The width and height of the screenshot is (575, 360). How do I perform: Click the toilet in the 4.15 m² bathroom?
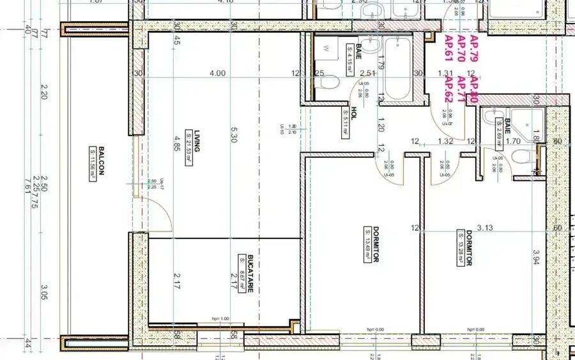325,83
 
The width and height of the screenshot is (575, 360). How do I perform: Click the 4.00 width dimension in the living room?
217,74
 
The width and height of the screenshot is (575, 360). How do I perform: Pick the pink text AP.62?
448,90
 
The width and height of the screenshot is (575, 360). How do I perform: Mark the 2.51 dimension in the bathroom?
367,74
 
